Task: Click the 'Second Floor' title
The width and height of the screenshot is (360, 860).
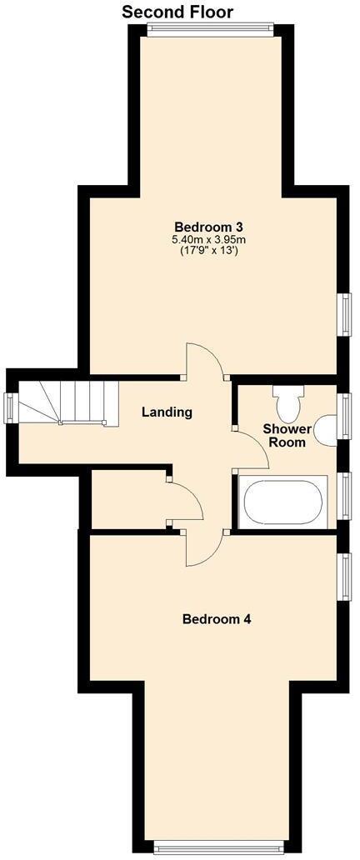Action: [177, 12]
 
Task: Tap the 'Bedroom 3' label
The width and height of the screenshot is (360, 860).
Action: [208, 227]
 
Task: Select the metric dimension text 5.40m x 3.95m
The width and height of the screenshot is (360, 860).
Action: [208, 240]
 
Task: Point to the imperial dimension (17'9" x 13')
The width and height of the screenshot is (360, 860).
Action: [208, 251]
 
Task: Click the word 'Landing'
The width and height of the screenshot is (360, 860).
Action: [167, 412]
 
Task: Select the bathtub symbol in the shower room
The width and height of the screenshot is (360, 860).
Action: [282, 502]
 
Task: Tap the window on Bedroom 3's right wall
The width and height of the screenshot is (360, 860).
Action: [343, 314]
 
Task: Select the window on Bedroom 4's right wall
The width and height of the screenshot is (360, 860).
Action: [343, 575]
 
